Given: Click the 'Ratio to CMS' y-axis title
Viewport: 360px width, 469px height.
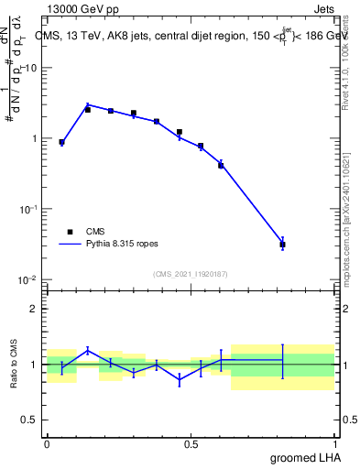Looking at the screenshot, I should (14, 364).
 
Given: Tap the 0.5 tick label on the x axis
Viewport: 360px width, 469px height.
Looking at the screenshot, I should (191, 444).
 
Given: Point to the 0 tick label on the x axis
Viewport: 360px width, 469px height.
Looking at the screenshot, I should (47, 444).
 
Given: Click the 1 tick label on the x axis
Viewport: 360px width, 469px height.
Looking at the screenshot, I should (337, 444).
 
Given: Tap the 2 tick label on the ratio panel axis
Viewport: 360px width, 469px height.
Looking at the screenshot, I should (34, 309).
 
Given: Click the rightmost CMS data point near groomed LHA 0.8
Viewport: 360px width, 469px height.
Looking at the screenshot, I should (283, 245).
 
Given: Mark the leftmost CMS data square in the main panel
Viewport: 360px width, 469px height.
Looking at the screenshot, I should (61, 142).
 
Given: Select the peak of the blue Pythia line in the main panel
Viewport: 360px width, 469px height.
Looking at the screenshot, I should (88, 104).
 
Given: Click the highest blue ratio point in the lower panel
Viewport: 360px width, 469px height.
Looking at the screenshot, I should (88, 350).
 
